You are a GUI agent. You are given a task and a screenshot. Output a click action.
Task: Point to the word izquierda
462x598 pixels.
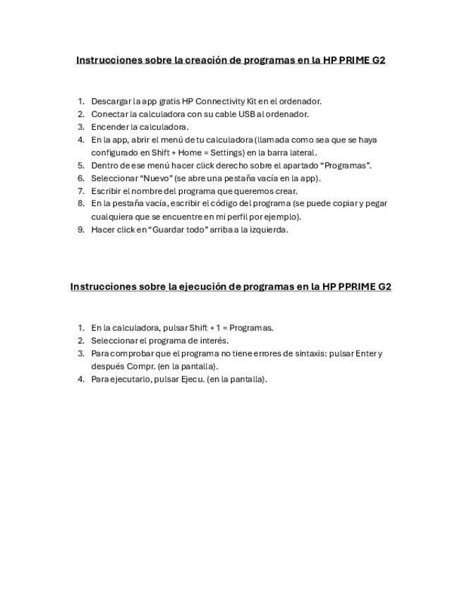click(x=266, y=229)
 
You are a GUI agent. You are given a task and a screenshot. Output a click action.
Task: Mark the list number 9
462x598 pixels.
click(x=81, y=229)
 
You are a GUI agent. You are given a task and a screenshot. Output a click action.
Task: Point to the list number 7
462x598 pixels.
click(x=81, y=190)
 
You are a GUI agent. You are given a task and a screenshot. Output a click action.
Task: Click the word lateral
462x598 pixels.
click(x=300, y=152)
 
